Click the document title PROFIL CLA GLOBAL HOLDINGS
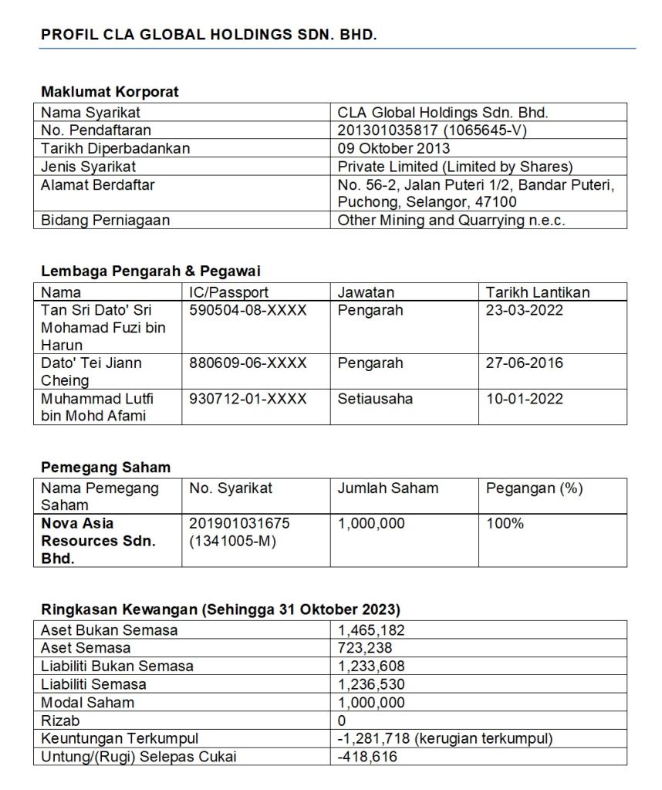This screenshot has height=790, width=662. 208,35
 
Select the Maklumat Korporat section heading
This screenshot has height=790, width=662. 110,92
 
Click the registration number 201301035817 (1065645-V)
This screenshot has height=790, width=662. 431,130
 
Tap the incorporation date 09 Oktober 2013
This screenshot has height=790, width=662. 393,148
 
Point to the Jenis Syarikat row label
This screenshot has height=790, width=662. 89,166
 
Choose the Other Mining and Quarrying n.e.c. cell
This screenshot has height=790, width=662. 451,220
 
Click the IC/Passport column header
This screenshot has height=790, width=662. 229,292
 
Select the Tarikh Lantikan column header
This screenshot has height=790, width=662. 537,292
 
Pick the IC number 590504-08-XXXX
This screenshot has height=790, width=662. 248,310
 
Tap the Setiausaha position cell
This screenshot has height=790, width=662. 375,399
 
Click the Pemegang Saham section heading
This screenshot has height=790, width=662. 106,468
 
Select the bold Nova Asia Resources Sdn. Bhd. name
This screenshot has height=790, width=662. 98,541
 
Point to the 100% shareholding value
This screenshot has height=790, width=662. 505,524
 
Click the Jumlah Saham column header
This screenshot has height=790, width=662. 387,488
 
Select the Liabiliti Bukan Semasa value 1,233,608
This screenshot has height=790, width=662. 371,666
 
